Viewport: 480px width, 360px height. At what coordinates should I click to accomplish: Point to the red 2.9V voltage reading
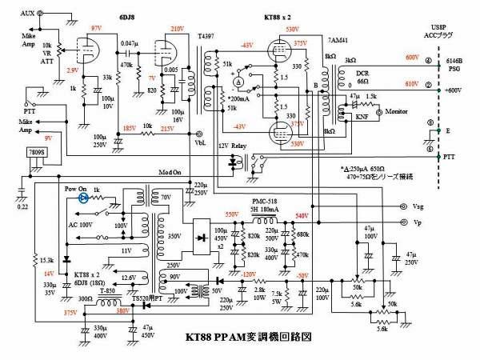click(x=73, y=70)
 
